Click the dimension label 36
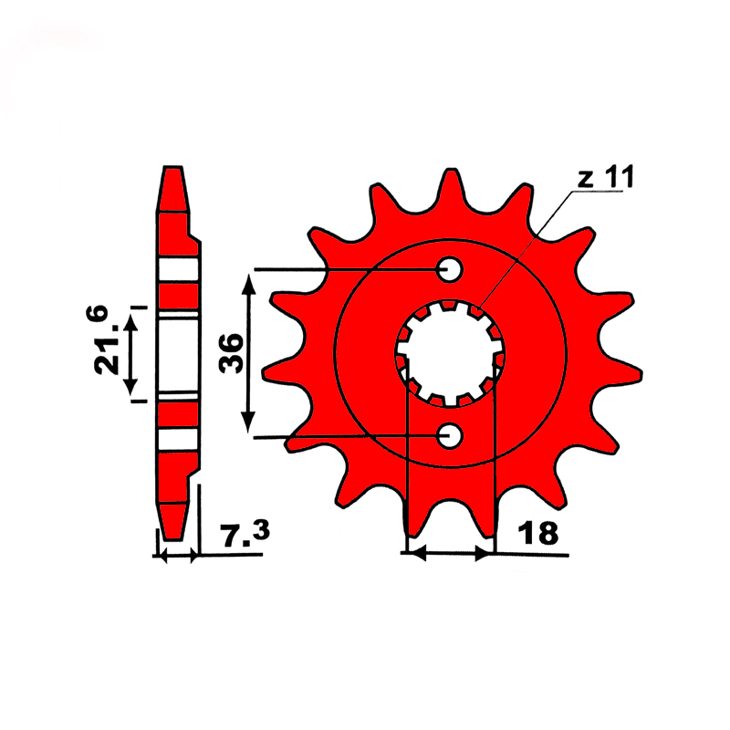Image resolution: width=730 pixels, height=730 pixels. click(x=232, y=353)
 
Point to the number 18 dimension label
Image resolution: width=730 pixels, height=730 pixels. click(x=538, y=533)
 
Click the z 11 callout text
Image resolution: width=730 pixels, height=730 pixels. click(x=605, y=177)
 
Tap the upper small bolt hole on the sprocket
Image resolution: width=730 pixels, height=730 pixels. click(x=450, y=269)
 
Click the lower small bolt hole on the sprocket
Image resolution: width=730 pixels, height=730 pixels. click(x=450, y=436)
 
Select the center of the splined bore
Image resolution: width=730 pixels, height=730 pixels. click(x=450, y=354)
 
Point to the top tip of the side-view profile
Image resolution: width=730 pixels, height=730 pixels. click(x=173, y=168)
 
